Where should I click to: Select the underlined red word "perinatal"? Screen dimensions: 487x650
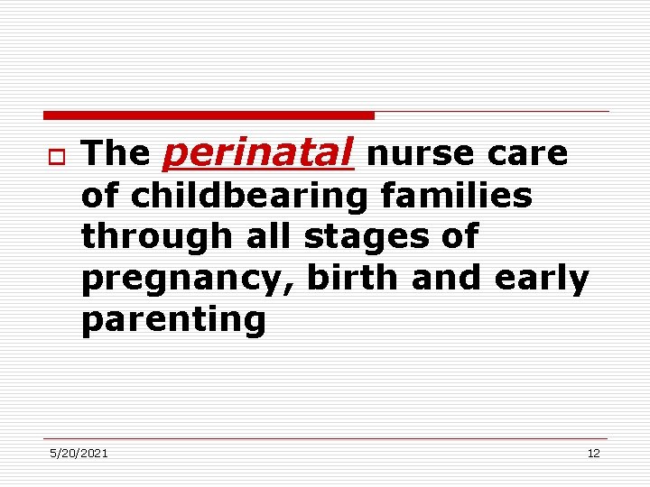(257, 154)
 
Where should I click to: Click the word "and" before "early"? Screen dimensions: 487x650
(449, 279)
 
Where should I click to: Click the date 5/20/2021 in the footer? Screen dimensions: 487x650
(79, 453)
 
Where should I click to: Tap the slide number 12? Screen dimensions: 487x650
(593, 453)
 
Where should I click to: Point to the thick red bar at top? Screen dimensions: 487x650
(209, 115)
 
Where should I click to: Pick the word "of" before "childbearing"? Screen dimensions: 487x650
(101, 196)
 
